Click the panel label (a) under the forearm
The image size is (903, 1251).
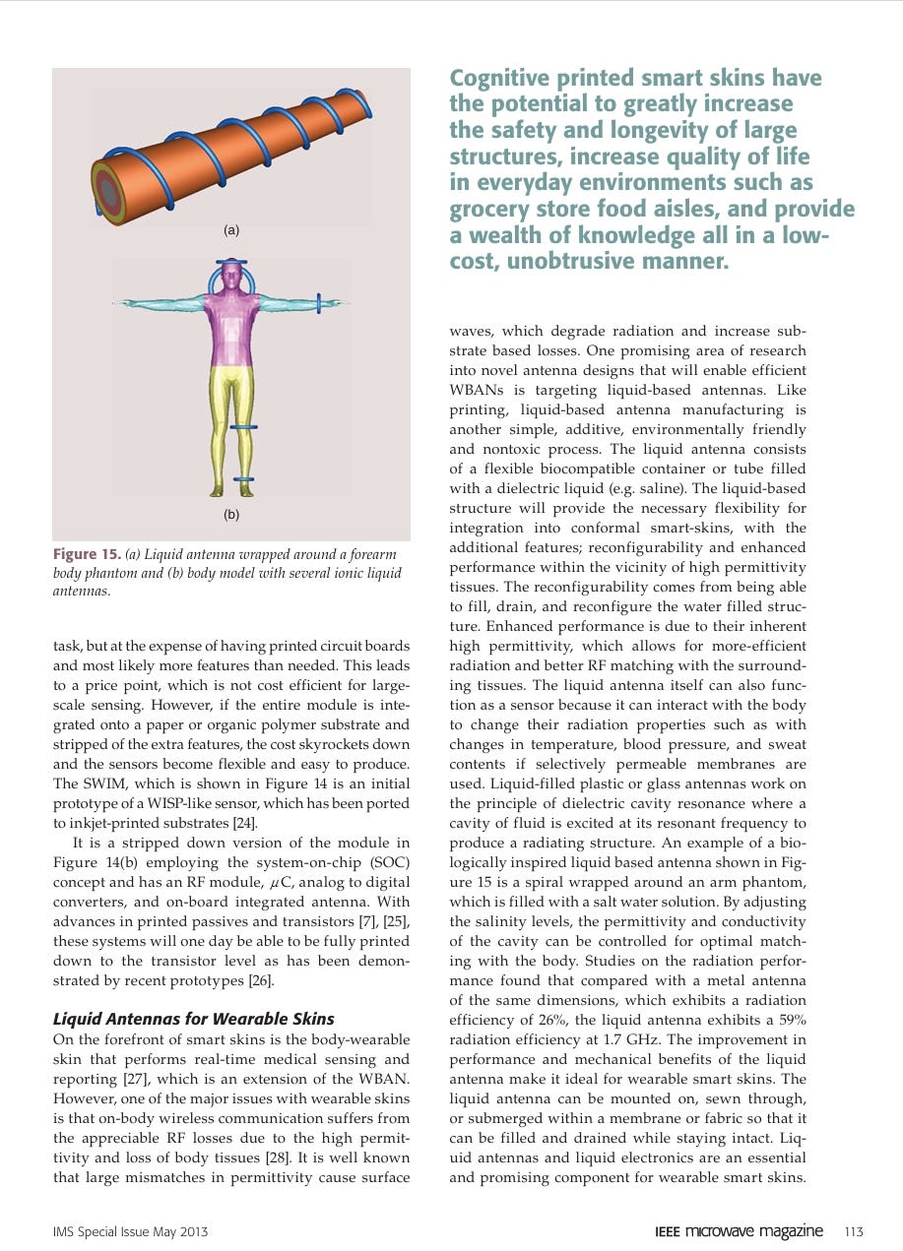click(x=231, y=230)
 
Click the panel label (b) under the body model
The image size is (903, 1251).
click(x=231, y=514)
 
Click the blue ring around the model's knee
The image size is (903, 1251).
click(x=243, y=427)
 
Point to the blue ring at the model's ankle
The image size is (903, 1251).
click(x=243, y=479)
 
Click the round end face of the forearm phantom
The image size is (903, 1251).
click(x=109, y=193)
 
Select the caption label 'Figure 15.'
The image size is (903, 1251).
click(x=87, y=554)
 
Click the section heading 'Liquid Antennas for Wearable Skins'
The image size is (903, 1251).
click(x=193, y=1019)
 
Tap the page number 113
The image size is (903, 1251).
click(x=854, y=1231)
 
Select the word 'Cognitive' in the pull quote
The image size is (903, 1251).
click(x=498, y=78)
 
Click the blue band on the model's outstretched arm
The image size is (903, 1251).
click(x=318, y=303)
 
